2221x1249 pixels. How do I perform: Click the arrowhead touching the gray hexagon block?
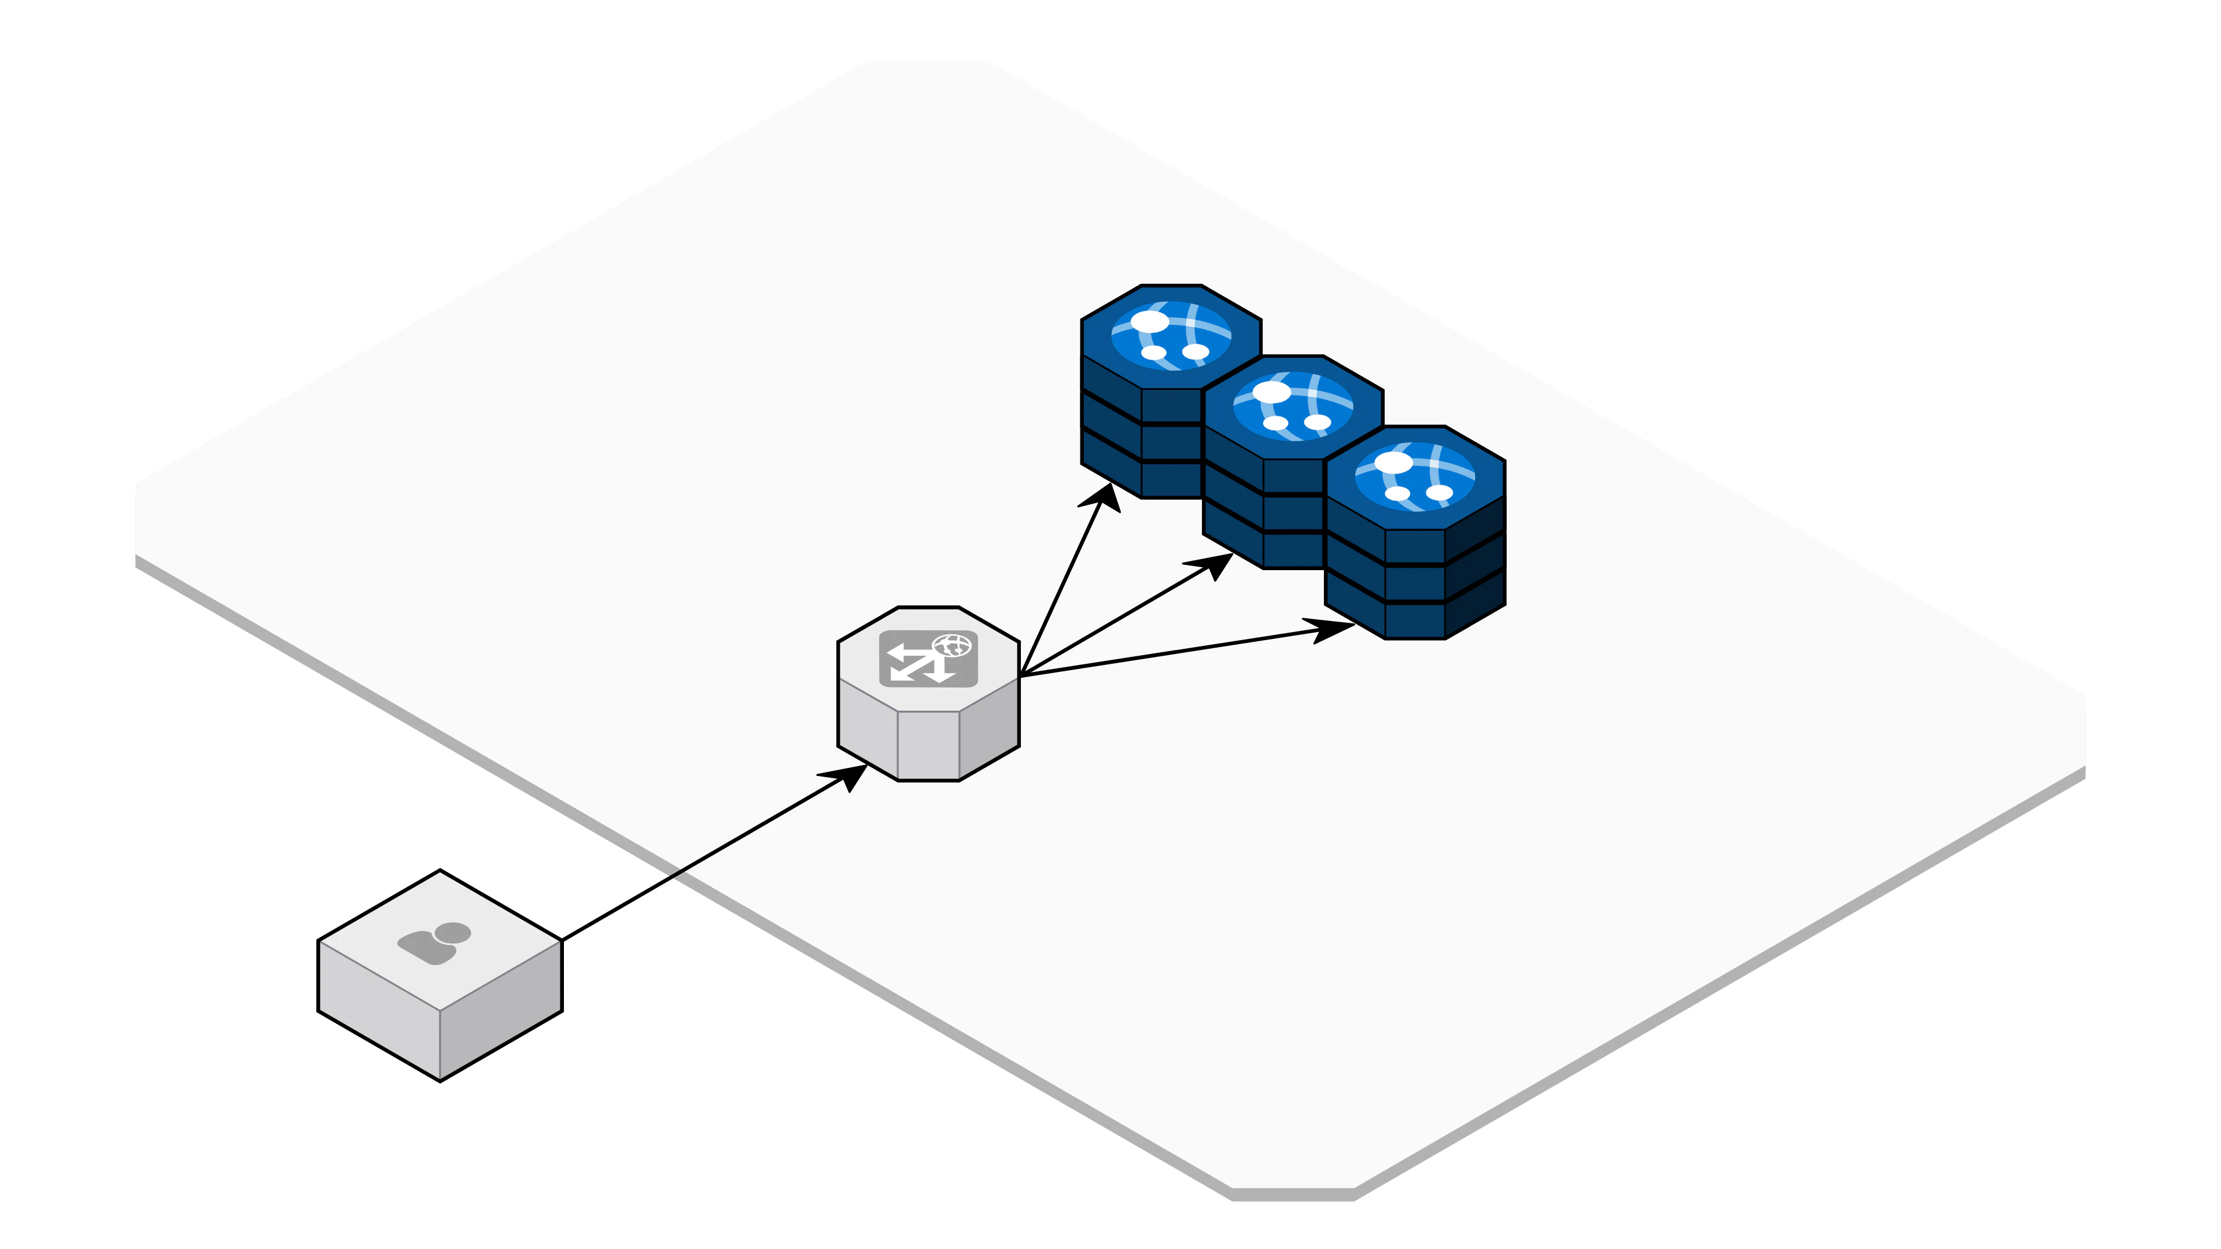tap(848, 774)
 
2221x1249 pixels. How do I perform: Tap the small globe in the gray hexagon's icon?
tap(952, 645)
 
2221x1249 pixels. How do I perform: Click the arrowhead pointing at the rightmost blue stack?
tap(1330, 630)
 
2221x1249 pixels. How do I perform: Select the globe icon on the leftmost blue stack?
tap(1171, 336)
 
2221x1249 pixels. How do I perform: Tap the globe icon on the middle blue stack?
tap(1293, 407)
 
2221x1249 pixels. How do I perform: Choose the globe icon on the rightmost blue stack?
tap(1415, 478)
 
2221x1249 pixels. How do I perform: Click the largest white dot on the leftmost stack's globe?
tap(1149, 322)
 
